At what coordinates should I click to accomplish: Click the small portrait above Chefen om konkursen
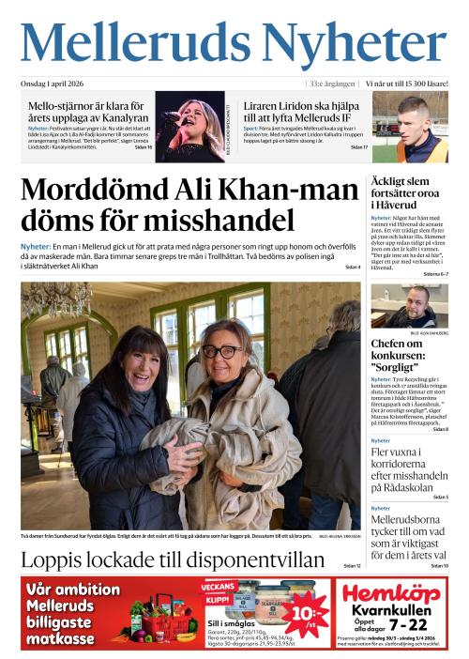click(409, 306)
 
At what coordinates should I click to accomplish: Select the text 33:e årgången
click(334, 84)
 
